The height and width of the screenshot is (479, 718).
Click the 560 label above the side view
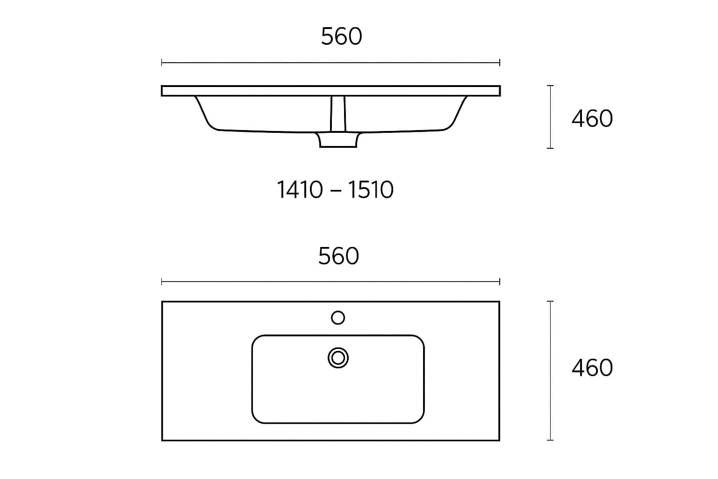coord(341,36)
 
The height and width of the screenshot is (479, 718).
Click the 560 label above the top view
coord(338,256)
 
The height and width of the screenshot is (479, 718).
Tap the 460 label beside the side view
coord(592,118)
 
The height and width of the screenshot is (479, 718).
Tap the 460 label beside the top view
coord(592,368)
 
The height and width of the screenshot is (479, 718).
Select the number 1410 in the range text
coord(300,189)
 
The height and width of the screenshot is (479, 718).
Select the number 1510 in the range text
coord(371,189)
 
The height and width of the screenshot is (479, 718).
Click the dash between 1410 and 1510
coord(336,190)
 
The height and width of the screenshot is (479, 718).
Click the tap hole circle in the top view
coord(338,318)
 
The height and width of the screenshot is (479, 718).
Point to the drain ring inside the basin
coord(338,358)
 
